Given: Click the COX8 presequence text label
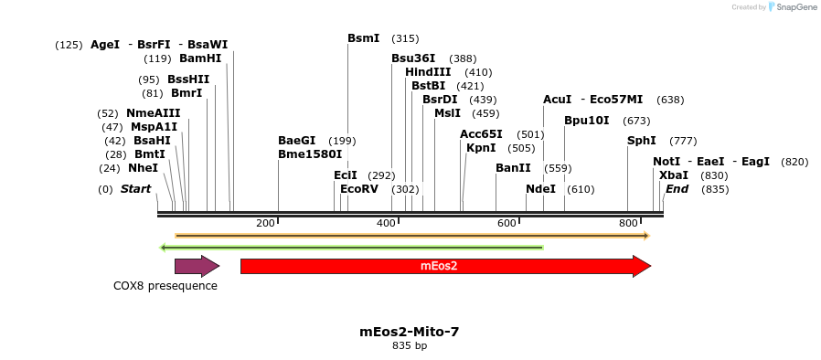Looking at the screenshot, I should coord(165,286).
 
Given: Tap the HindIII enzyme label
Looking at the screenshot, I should coord(428,72).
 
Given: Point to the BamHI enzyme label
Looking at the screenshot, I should coord(200,58).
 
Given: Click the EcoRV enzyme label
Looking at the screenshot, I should coord(358,189).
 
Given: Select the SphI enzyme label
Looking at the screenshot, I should coord(641,141).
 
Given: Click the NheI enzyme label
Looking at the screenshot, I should coord(143,168).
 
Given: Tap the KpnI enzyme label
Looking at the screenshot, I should coord(481,148).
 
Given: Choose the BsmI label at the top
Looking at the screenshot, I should coord(363,38).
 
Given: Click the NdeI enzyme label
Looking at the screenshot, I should coord(540,189).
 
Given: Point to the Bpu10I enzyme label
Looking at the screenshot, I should coord(586,121).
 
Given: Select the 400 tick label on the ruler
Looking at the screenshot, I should coord(386,224).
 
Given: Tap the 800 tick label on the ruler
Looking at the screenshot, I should coord(628,224).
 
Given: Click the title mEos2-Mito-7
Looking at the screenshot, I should coord(410,332).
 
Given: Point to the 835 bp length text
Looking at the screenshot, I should coord(410,346).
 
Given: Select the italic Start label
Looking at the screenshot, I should coord(135,189).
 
